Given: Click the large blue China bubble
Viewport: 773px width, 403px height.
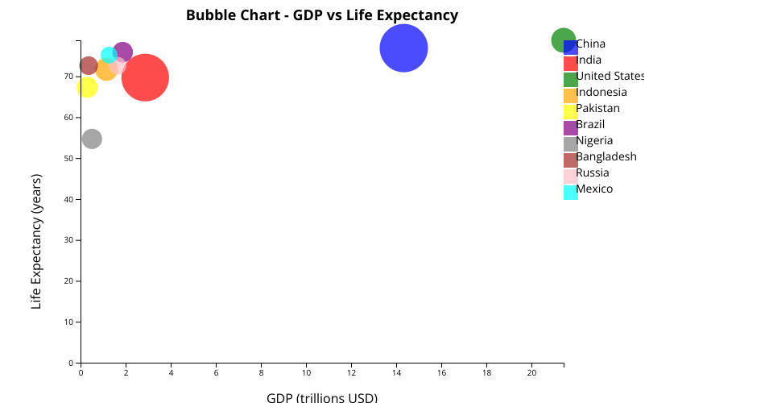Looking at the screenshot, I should pyautogui.click(x=403, y=48).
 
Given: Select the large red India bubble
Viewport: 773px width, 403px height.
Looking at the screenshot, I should pyautogui.click(x=145, y=77).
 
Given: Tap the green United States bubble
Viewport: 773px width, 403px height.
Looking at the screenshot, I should pyautogui.click(x=563, y=39).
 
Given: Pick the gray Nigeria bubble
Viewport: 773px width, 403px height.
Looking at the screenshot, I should pyautogui.click(x=92, y=139).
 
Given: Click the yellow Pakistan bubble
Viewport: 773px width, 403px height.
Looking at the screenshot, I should pyautogui.click(x=87, y=87).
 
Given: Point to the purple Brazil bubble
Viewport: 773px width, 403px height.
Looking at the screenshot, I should pyautogui.click(x=123, y=52).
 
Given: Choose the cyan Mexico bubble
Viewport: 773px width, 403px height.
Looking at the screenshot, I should pyautogui.click(x=109, y=55).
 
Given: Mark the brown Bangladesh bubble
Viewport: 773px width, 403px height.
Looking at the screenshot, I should pyautogui.click(x=89, y=65).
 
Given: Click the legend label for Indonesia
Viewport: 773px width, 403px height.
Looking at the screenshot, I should pyautogui.click(x=601, y=93).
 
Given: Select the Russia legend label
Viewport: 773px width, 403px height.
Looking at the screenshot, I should pyautogui.click(x=593, y=173).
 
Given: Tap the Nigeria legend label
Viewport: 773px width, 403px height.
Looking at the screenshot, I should pyautogui.click(x=594, y=141).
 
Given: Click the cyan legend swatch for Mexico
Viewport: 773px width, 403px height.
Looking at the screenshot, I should pyautogui.click(x=570, y=192).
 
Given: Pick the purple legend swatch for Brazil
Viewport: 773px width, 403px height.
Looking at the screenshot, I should pyautogui.click(x=570, y=127).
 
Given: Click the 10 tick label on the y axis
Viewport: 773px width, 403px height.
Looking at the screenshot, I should pyautogui.click(x=69, y=322).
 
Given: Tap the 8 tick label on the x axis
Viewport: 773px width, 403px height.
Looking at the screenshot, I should pyautogui.click(x=261, y=373).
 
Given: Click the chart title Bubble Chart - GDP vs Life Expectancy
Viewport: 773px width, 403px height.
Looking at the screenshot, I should pyautogui.click(x=322, y=15).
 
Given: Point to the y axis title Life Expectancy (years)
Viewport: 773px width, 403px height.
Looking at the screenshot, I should pyautogui.click(x=36, y=241).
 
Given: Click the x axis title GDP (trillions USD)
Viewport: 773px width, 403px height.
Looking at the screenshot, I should pyautogui.click(x=322, y=397).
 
